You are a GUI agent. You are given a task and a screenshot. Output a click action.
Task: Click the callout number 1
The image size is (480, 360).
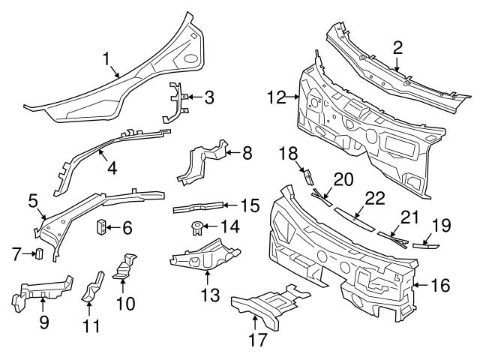(x=106, y=57)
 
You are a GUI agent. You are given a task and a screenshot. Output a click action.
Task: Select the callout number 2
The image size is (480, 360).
(x=397, y=48)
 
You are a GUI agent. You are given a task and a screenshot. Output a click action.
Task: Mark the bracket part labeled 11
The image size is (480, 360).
(x=91, y=289)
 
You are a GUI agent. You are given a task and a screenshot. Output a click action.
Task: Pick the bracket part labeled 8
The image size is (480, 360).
(x=201, y=165)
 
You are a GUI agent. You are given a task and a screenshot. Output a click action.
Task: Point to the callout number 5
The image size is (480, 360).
(x=33, y=200)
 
